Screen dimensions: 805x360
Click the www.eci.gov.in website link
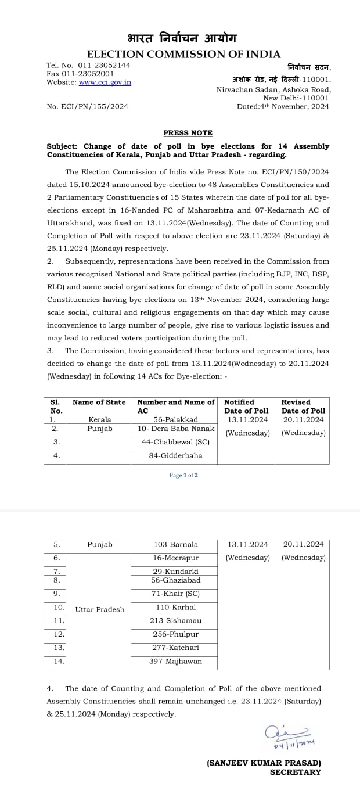[x=105, y=82]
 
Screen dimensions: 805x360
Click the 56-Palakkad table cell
[x=174, y=419]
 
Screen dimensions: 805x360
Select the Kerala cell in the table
[x=100, y=419]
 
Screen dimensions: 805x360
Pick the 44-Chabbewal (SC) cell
[x=174, y=442]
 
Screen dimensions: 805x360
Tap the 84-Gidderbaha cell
[x=174, y=456]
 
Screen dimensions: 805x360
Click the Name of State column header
[x=99, y=402]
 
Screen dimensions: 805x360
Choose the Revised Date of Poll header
[x=303, y=406]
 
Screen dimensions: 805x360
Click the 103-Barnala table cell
[x=175, y=545]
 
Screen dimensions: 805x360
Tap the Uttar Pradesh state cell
[x=100, y=610]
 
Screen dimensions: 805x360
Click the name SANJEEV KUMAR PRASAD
[x=264, y=763]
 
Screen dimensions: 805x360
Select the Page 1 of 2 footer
[x=183, y=475]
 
